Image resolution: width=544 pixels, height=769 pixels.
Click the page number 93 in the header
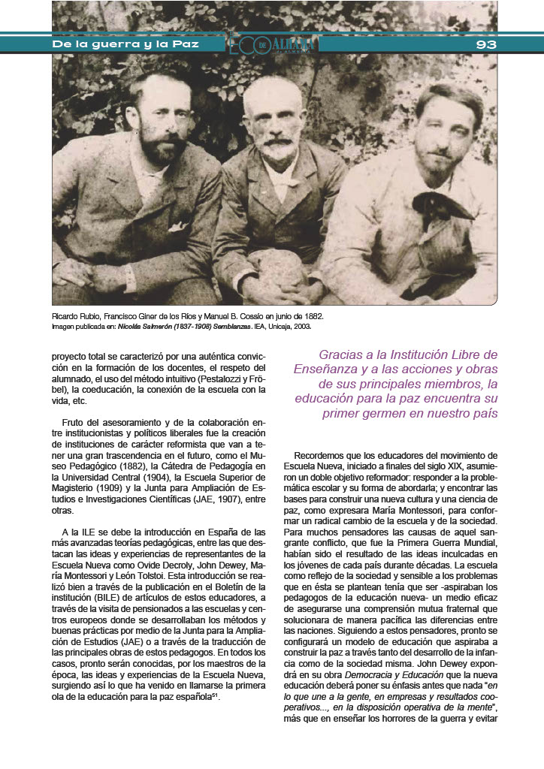point(486,44)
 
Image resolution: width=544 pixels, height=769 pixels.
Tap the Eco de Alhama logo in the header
point(274,44)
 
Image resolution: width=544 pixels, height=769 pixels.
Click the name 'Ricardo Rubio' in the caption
point(74,317)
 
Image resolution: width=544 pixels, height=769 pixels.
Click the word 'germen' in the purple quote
point(390,414)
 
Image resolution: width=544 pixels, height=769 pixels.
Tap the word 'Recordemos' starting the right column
point(319,455)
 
